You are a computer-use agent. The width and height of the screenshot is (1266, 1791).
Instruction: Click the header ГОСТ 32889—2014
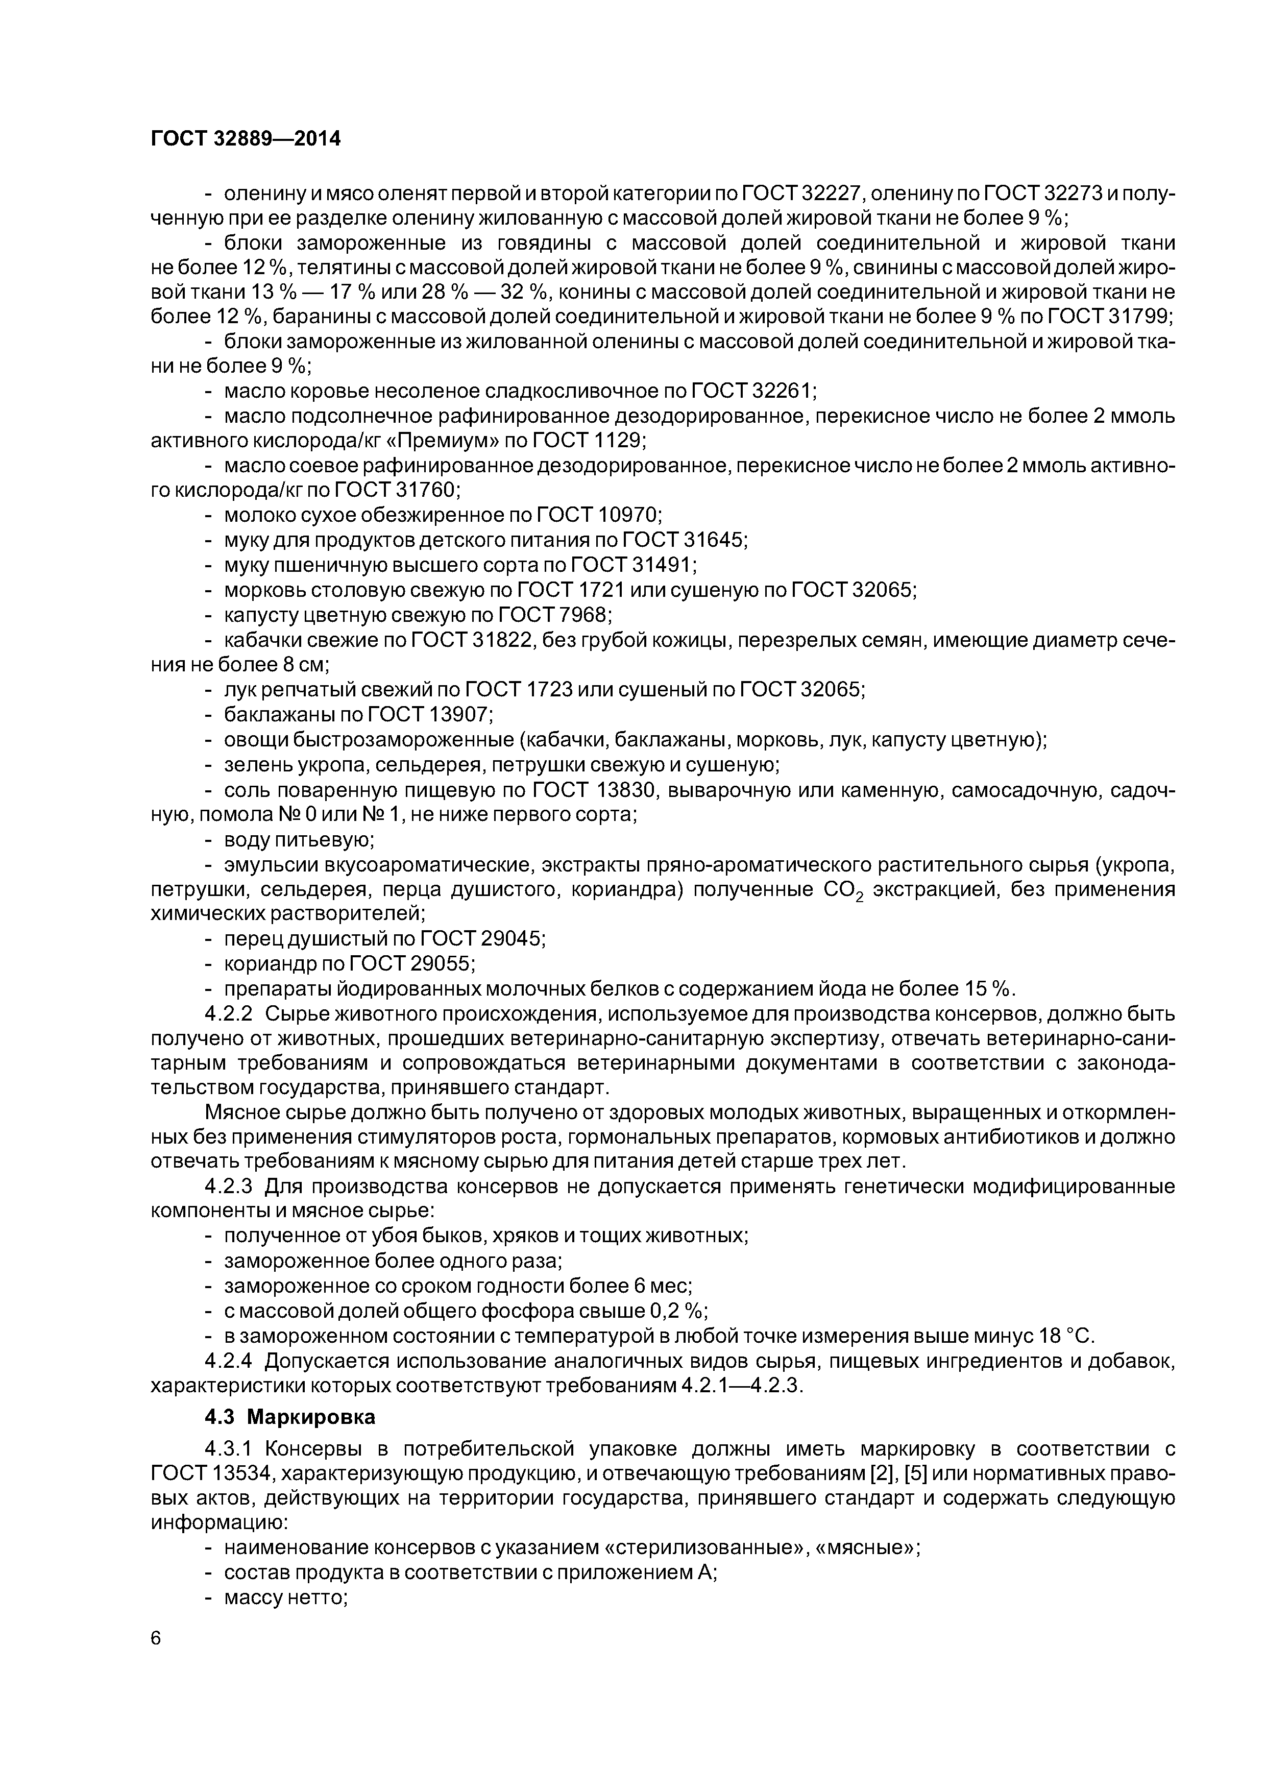click(x=246, y=139)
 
